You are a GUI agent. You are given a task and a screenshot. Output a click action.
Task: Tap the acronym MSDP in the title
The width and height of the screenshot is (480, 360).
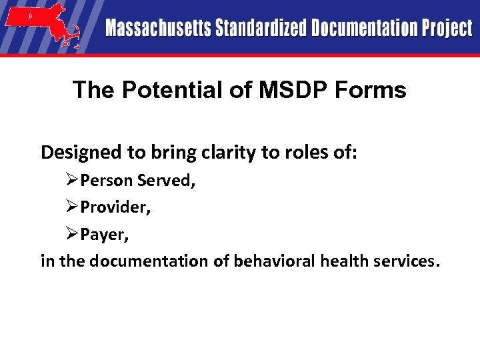(281, 90)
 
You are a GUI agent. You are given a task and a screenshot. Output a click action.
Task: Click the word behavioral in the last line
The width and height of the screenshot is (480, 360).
(274, 261)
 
